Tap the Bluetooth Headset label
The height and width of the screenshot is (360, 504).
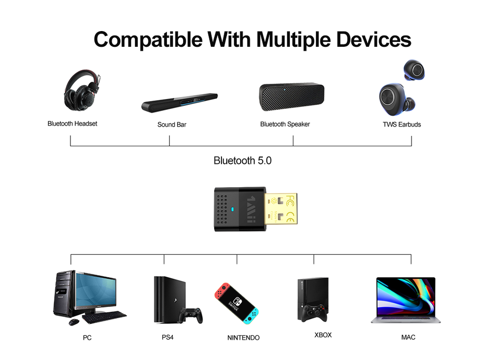(x=72, y=124)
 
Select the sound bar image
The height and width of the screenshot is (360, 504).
(x=179, y=102)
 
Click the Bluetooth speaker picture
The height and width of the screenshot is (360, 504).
(x=291, y=96)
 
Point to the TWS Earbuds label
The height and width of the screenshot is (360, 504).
(x=402, y=125)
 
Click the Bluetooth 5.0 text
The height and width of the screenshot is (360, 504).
(x=243, y=161)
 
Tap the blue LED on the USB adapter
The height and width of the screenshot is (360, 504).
(x=232, y=209)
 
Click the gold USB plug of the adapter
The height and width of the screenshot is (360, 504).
(x=281, y=209)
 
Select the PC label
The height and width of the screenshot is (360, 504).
(x=87, y=338)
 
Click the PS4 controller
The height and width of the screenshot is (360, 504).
(x=191, y=315)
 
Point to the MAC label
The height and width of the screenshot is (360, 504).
(x=408, y=337)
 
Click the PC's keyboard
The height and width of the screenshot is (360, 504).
(x=104, y=317)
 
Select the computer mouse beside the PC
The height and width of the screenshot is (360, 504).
(x=74, y=322)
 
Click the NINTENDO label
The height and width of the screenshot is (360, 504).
(x=243, y=338)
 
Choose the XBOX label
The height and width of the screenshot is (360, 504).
(x=323, y=335)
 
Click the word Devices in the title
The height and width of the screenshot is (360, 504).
(x=374, y=39)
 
